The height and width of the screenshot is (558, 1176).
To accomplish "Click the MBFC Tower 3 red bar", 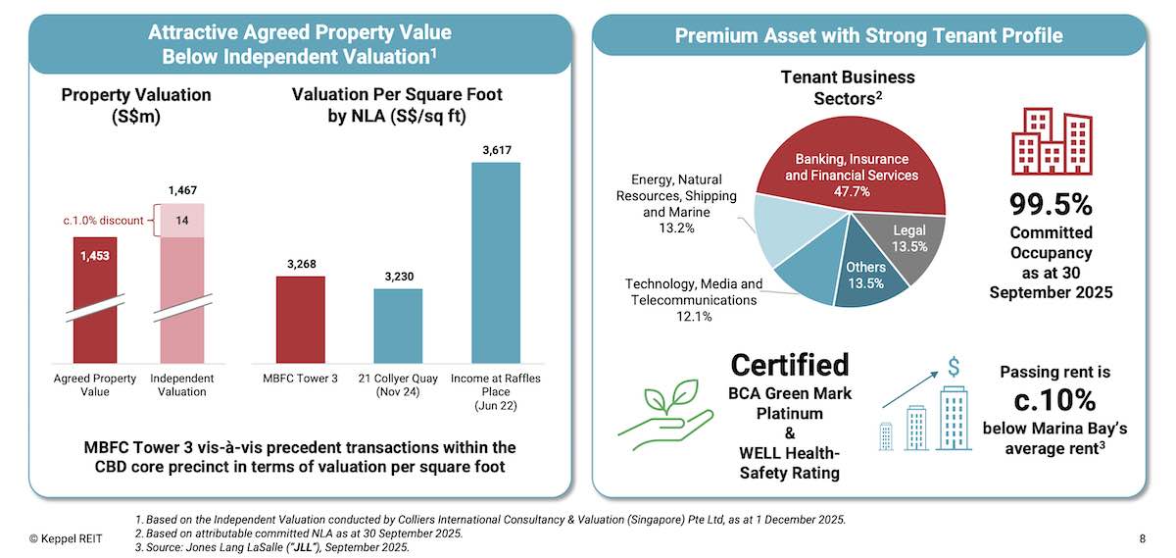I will click(x=300, y=319).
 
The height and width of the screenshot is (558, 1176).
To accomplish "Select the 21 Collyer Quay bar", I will click(x=398, y=326).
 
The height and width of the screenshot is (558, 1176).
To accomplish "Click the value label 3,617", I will click(x=497, y=150).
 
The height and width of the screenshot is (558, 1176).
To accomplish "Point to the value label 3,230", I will click(x=398, y=277).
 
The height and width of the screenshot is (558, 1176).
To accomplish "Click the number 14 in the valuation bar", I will click(x=181, y=222).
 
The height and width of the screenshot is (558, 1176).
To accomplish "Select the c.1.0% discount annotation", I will click(x=103, y=222).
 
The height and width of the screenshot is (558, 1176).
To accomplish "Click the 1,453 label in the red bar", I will click(x=95, y=255).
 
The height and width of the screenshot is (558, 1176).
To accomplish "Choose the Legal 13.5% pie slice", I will click(x=908, y=239).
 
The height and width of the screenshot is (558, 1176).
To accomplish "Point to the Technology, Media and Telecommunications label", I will click(x=694, y=300).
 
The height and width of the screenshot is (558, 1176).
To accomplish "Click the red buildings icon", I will click(x=1051, y=141).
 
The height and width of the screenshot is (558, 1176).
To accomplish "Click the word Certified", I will click(x=789, y=365).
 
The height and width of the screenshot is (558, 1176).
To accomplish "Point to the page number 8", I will click(x=1143, y=537).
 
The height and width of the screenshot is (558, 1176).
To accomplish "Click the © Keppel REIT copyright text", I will click(x=65, y=537).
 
